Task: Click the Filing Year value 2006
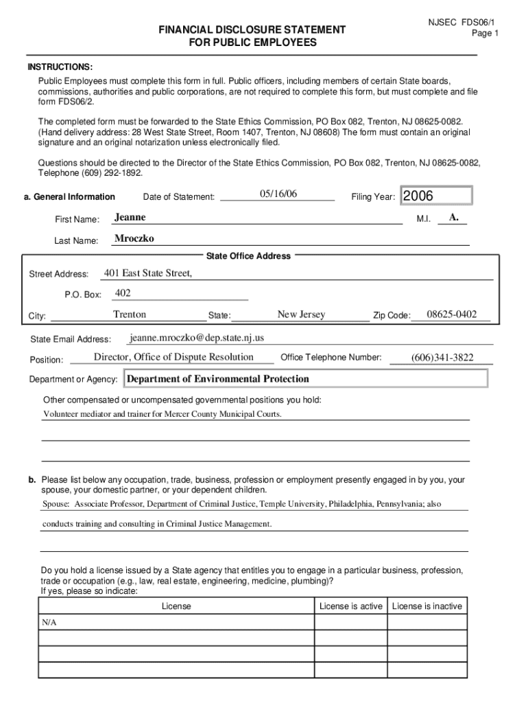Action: click(x=418, y=196)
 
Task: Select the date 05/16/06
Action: click(x=278, y=194)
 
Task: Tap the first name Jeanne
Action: click(x=130, y=217)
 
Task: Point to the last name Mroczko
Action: click(x=134, y=238)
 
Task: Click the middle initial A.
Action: click(x=453, y=217)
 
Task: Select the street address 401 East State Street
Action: click(x=148, y=273)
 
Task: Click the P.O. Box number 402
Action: click(x=123, y=293)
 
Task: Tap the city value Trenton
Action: click(x=130, y=314)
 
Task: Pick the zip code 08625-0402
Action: click(x=451, y=314)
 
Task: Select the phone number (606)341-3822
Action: click(x=442, y=358)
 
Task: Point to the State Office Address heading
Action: click(x=248, y=256)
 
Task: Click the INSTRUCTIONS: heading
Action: click(x=60, y=67)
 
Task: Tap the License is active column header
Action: click(x=351, y=606)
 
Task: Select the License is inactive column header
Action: click(x=427, y=606)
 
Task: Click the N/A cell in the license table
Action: click(x=48, y=621)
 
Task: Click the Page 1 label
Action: click(x=485, y=33)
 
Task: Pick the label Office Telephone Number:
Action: click(x=331, y=357)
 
